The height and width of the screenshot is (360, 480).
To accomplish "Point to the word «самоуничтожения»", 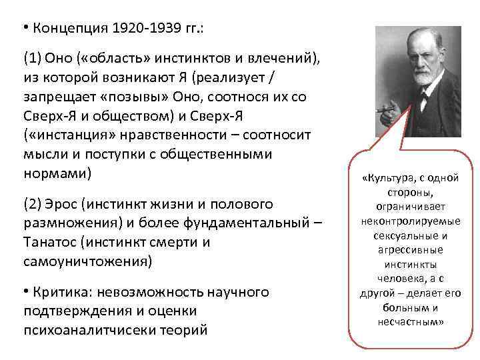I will coord(87,261).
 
